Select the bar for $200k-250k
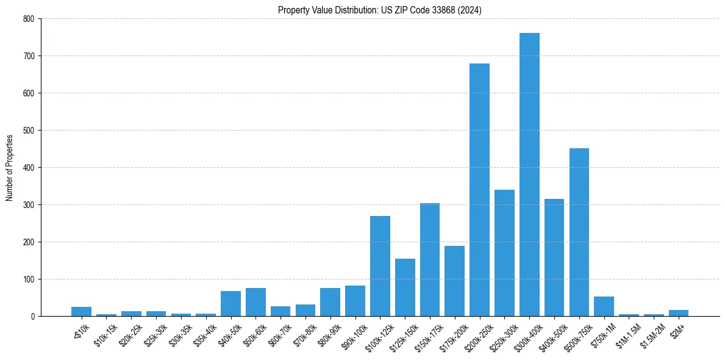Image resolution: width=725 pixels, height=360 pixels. (x=479, y=190)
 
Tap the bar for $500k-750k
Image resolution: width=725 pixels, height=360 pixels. (x=579, y=232)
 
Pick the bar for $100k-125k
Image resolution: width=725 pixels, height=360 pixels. (x=380, y=266)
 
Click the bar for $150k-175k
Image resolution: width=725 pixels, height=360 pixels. (x=430, y=260)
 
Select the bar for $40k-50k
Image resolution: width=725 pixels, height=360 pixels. (x=230, y=304)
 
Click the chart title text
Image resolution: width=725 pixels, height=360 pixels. (x=380, y=10)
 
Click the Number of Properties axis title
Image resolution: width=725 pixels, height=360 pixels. (x=9, y=167)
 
